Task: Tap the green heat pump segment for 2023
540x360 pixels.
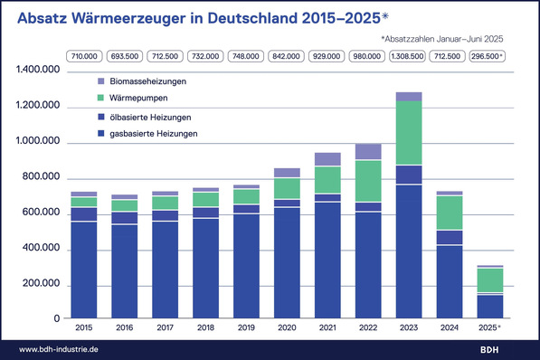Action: [408, 133]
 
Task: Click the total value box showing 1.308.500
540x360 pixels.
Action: [408, 56]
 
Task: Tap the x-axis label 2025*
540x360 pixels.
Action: [491, 327]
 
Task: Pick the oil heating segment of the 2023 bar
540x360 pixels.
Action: [408, 175]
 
